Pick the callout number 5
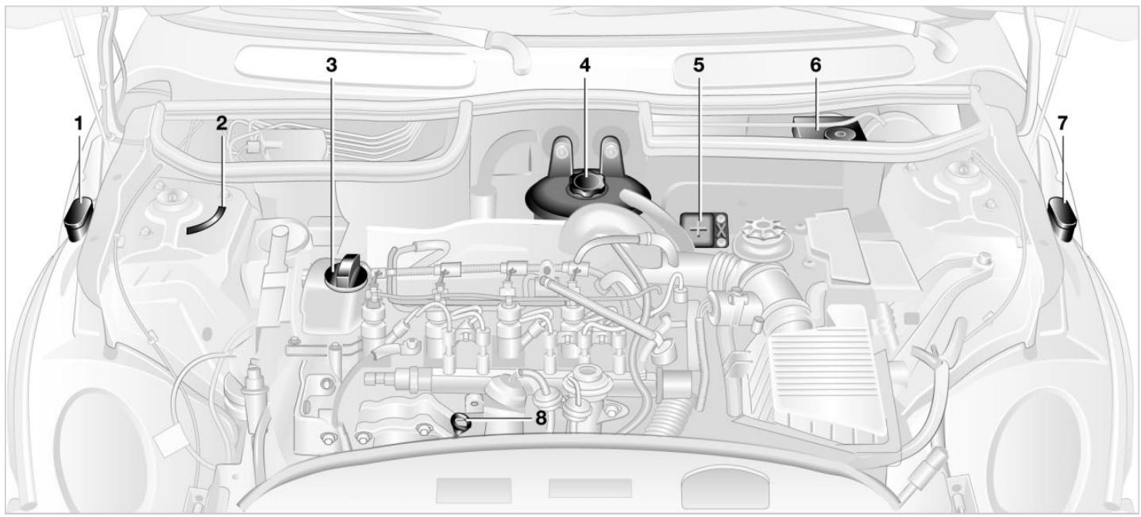pos(699,65)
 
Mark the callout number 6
pos(815,65)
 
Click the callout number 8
pos(541,417)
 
